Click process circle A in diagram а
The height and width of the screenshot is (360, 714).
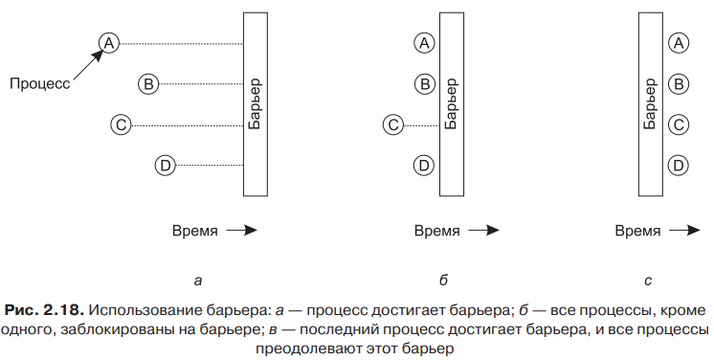(109, 43)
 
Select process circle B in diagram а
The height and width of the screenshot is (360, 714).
(148, 84)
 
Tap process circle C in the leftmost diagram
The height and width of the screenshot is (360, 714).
(122, 124)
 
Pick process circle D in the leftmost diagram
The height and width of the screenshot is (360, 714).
(166, 166)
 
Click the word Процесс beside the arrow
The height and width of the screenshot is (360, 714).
(40, 84)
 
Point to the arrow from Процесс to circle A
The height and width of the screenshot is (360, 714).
(88, 66)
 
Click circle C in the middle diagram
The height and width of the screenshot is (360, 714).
(393, 124)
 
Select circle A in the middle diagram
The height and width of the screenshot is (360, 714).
(424, 43)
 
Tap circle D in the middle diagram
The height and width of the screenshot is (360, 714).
(424, 166)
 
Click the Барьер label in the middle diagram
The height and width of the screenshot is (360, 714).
(451, 104)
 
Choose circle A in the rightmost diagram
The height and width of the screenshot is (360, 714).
(679, 43)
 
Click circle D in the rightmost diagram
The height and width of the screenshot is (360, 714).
(679, 166)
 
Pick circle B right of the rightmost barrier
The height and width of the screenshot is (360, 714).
(679, 84)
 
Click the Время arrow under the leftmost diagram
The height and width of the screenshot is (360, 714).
(242, 231)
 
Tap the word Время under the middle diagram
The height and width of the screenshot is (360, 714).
(437, 231)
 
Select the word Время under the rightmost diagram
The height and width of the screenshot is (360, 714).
(637, 231)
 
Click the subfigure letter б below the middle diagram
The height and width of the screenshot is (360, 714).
(443, 281)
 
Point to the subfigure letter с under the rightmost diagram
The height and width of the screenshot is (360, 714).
(648, 281)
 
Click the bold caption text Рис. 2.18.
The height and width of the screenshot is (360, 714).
(44, 311)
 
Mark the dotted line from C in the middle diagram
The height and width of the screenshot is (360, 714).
(422, 125)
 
